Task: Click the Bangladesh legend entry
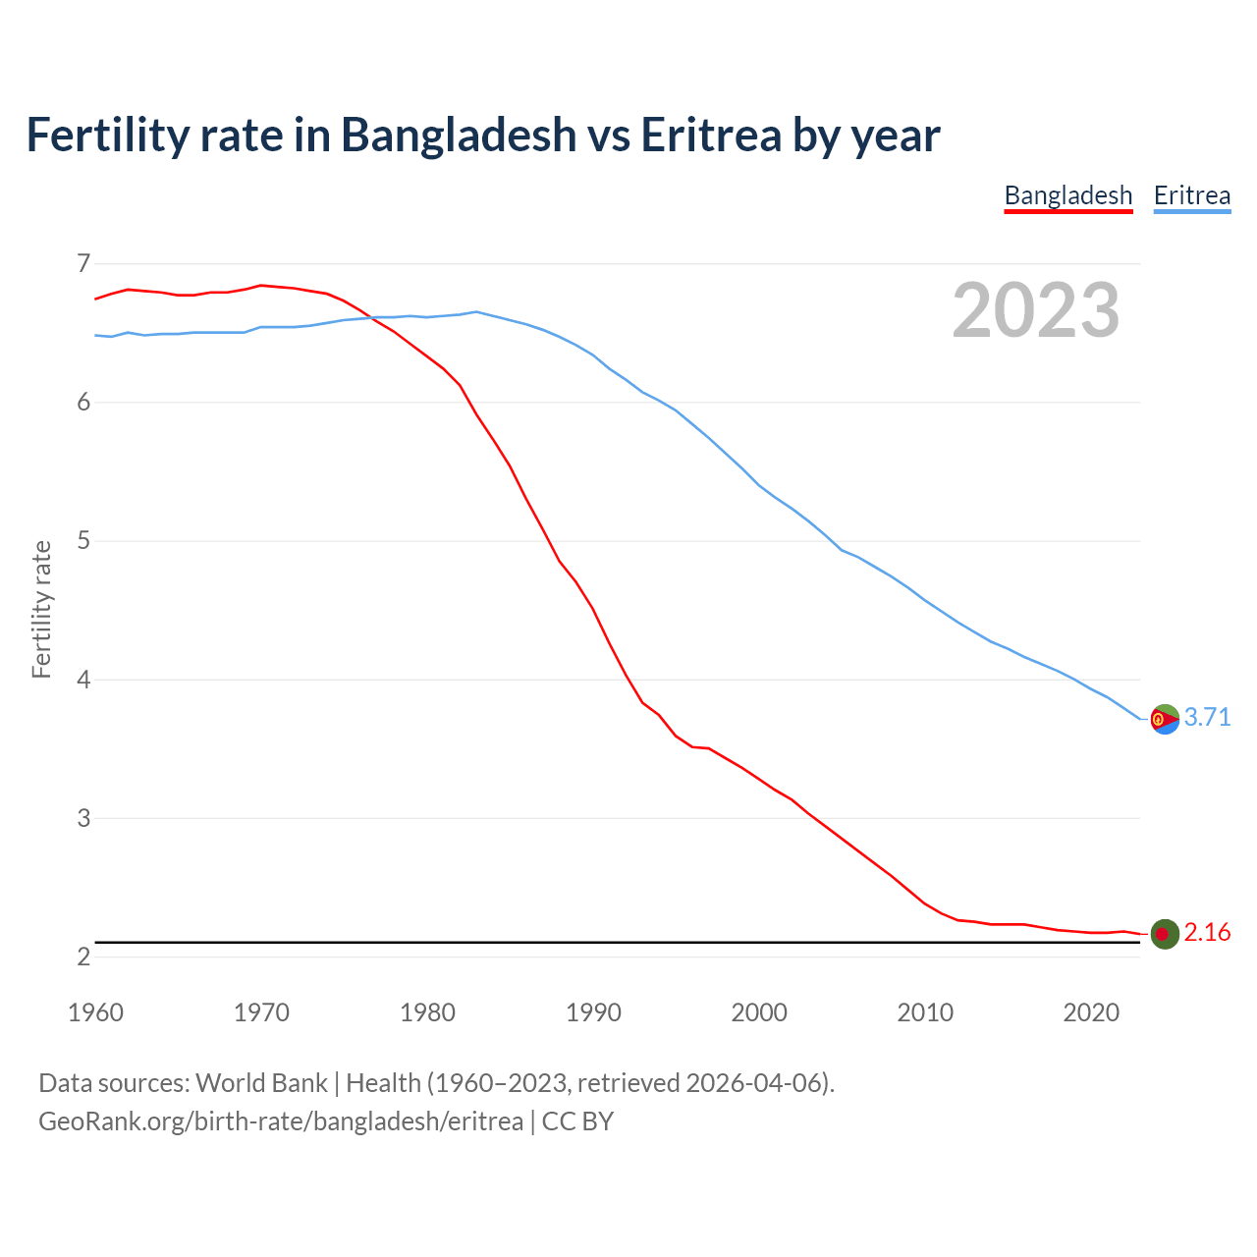click(1068, 195)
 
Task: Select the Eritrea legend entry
click(1191, 195)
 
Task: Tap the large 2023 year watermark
click(1035, 310)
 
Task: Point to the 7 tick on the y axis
click(82, 263)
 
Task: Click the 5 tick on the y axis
click(82, 540)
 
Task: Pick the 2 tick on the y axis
click(82, 956)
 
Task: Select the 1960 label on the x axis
click(95, 1012)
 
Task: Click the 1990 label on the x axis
click(593, 1012)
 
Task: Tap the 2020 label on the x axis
click(1091, 1012)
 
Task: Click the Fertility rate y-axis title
click(41, 609)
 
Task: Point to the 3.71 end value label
click(1207, 717)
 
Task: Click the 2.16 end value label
click(1207, 932)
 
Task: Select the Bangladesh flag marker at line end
click(1165, 934)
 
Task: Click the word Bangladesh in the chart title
click(459, 135)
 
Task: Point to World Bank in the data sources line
click(261, 1082)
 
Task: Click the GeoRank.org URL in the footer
click(281, 1121)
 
